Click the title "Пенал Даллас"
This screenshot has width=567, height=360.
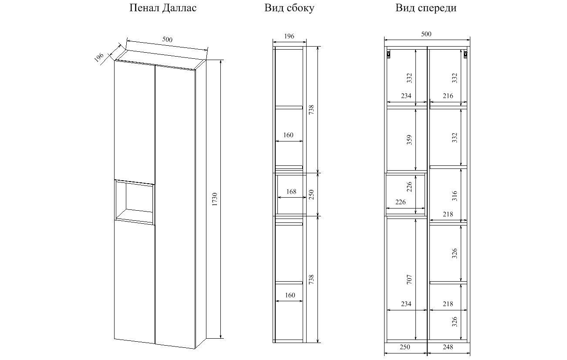coord(163,8)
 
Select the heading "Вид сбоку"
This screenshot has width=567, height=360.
coord(289,8)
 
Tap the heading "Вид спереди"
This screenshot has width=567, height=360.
coord(426,8)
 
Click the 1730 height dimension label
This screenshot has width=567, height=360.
coord(215,199)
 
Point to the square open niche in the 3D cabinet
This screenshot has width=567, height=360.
coord(135,202)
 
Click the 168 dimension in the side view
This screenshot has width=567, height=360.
coord(291,192)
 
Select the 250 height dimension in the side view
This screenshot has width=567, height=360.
coord(311,195)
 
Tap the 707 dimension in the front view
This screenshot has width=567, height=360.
coord(409,279)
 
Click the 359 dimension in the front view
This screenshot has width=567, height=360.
coord(409,140)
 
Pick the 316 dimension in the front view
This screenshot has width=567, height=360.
coord(455,196)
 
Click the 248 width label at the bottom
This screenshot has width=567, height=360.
coord(448,347)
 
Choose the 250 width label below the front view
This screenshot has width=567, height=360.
coord(405,347)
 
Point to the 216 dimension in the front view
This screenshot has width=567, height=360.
coord(448,96)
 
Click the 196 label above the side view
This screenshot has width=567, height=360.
coord(289,36)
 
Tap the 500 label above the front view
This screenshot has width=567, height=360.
coord(426,34)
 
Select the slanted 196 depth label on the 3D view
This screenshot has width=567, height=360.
coord(99,57)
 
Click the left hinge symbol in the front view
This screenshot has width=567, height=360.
coord(388,54)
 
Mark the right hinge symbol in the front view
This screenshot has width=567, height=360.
coord(465,54)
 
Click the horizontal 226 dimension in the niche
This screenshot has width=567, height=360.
coord(401,202)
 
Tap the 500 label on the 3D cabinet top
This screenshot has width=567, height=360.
coord(167,40)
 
